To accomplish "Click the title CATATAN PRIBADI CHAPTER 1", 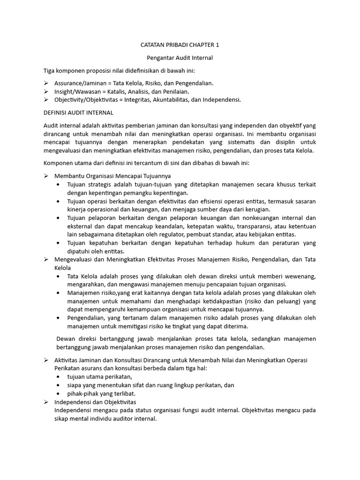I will (180, 45).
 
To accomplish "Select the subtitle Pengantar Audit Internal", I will (180, 58).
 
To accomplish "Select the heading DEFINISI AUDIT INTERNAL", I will (78, 112).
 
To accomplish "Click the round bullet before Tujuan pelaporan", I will (58, 218).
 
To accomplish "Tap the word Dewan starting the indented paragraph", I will (66, 339).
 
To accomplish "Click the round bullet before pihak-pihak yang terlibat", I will (58, 393).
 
